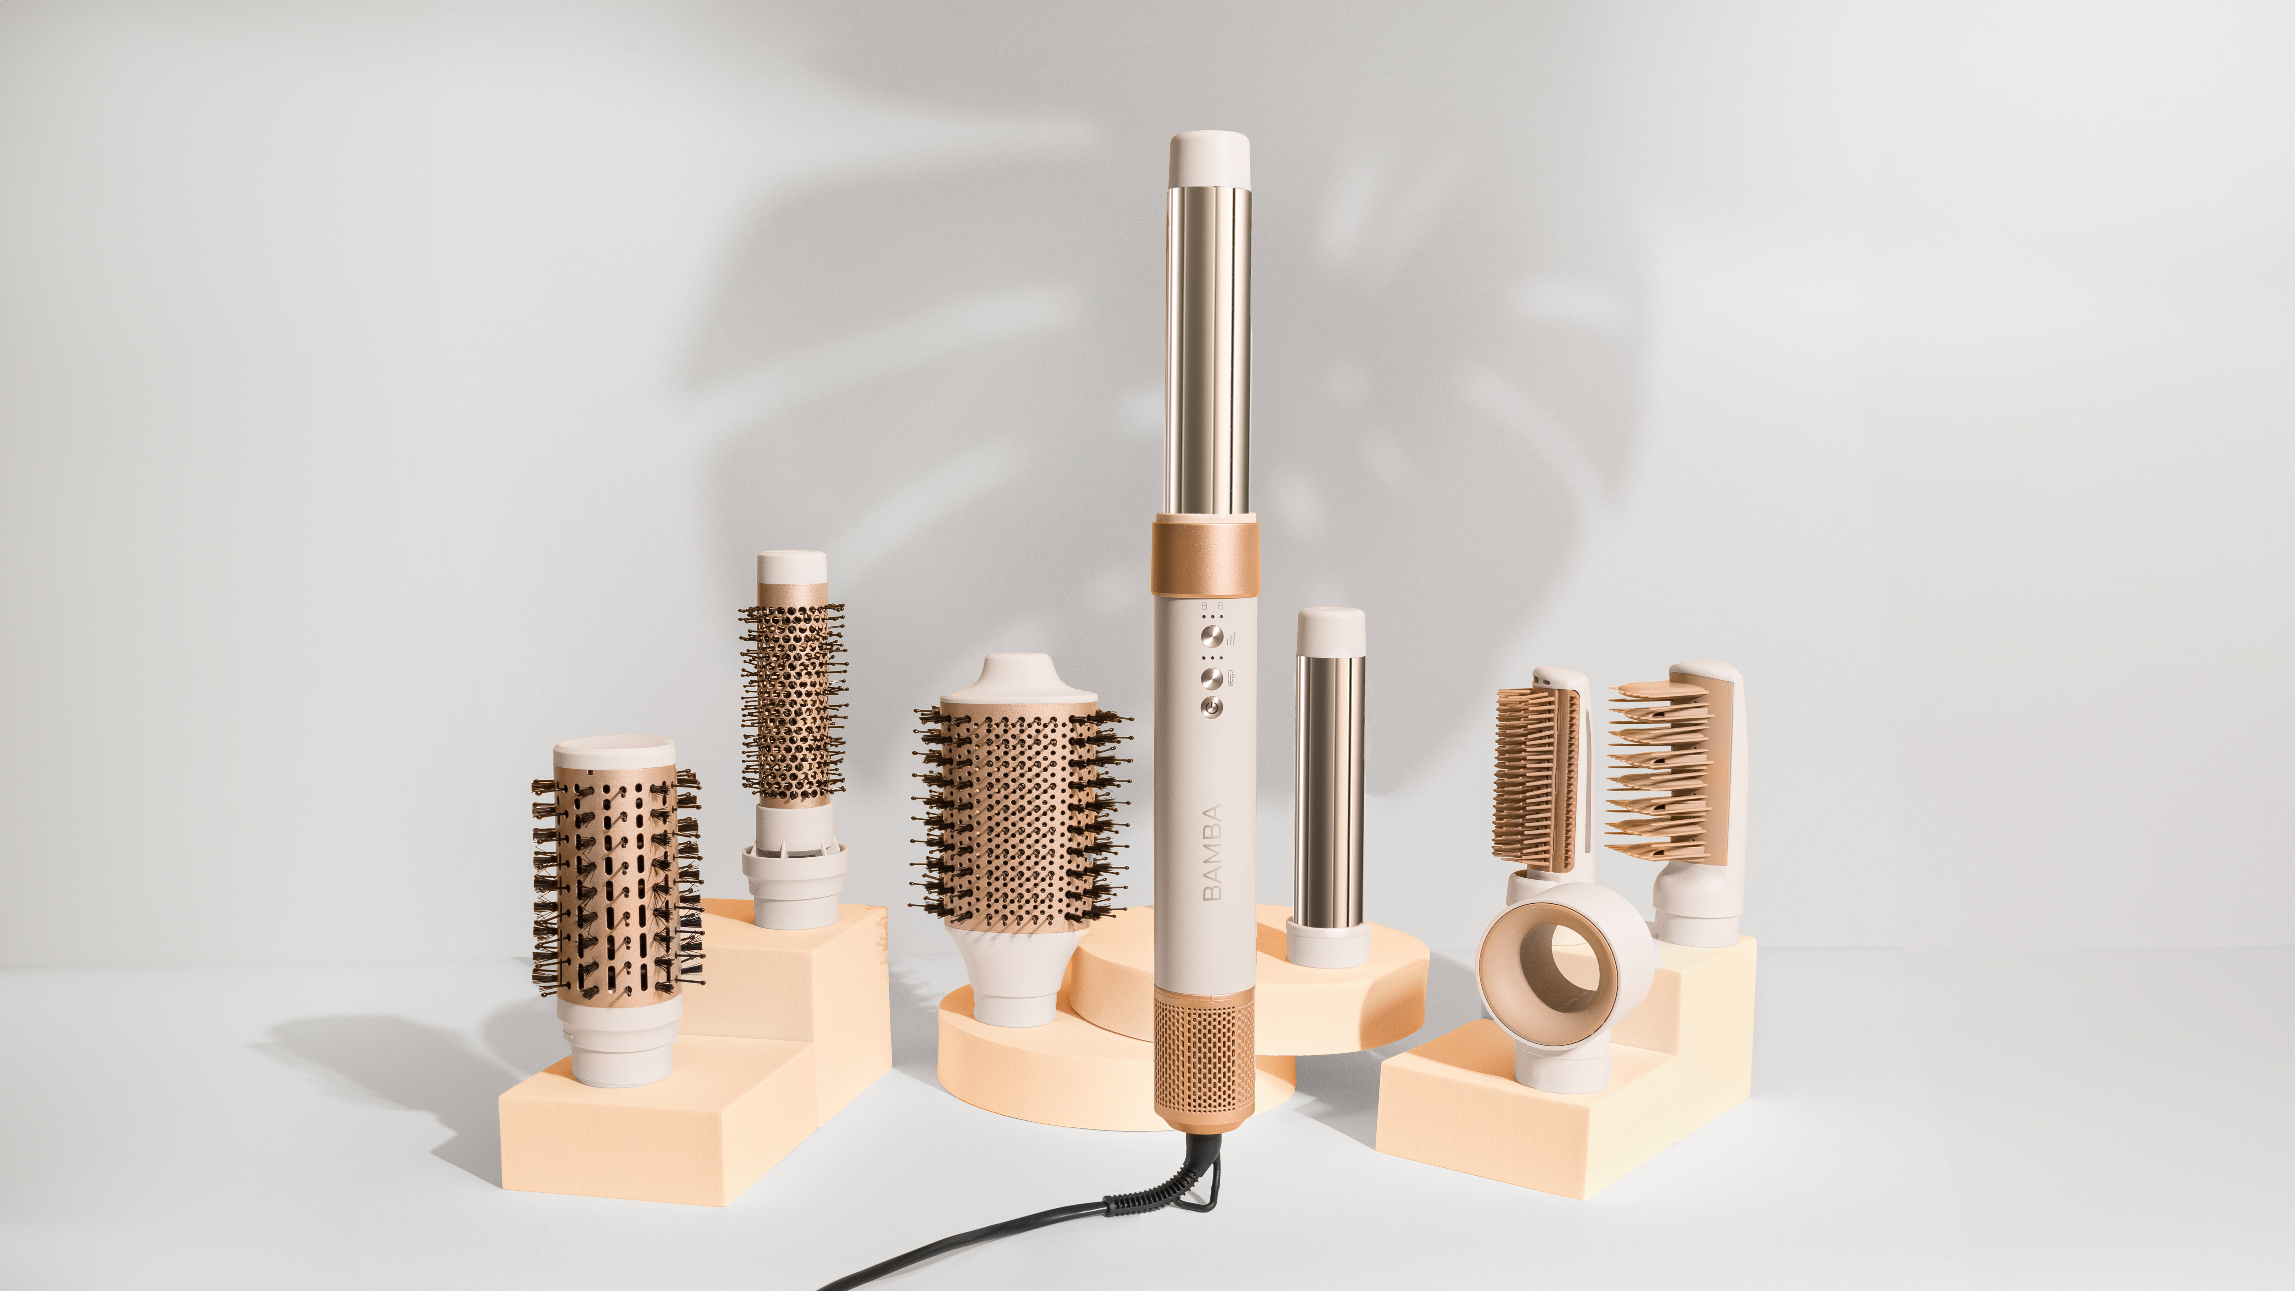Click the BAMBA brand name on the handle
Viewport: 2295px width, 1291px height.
1212,853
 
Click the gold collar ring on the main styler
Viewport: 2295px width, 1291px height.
1205,559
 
